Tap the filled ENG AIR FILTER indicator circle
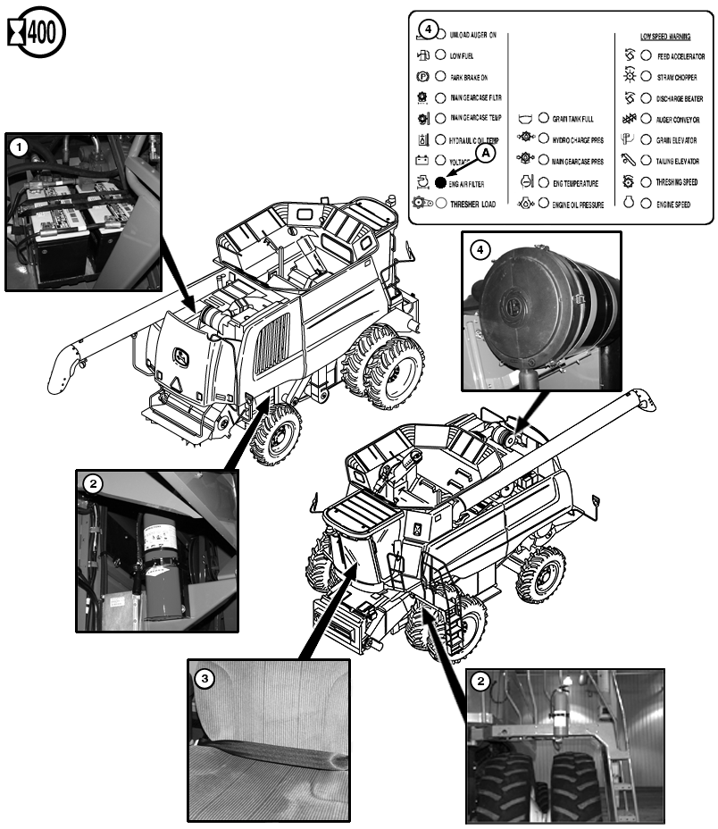tap(440, 182)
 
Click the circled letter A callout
tap(485, 154)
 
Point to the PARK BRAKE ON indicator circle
tap(440, 77)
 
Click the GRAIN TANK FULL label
tap(572, 119)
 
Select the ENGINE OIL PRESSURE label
tap(578, 205)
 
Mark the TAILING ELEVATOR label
tap(678, 162)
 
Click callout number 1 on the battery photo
tap(19, 144)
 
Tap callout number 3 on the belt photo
tap(205, 679)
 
